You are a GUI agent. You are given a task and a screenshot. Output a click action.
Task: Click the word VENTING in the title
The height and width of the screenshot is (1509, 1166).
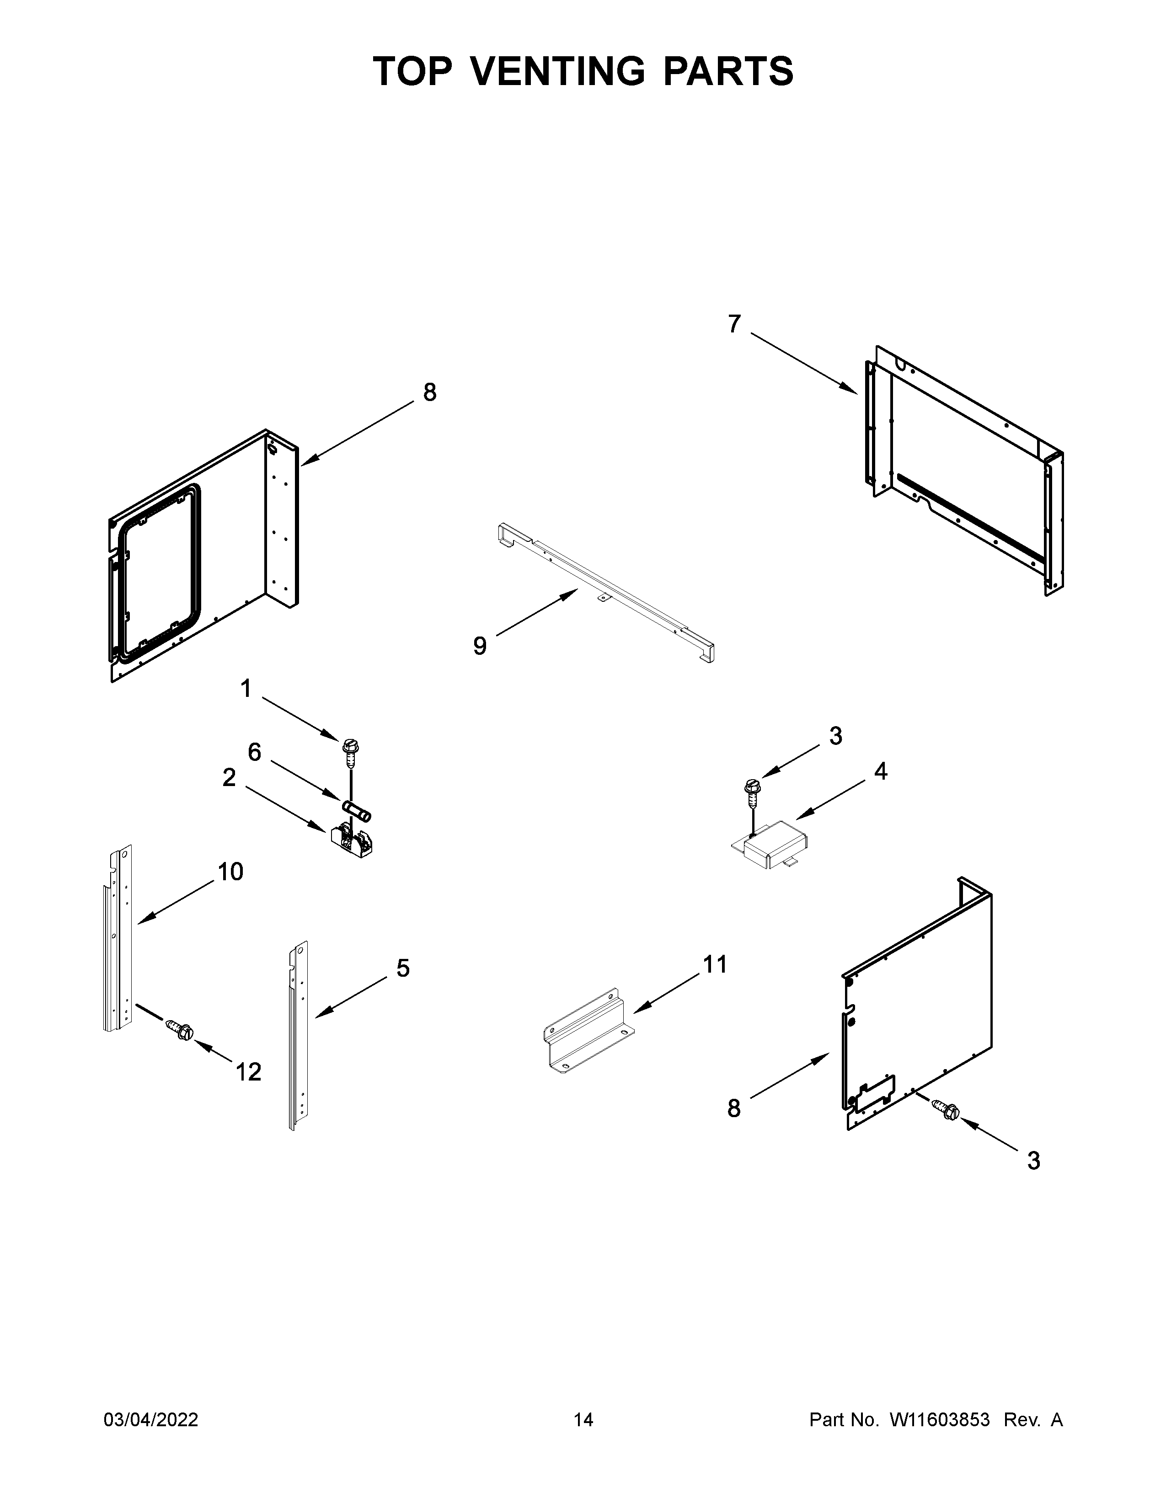(x=560, y=71)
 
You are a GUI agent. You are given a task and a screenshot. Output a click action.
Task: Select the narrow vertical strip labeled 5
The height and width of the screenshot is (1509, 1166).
(x=299, y=1036)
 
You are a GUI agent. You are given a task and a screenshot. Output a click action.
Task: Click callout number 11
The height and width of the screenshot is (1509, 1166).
(x=715, y=964)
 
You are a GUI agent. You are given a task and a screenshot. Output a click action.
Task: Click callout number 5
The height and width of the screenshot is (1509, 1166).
(x=403, y=968)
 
